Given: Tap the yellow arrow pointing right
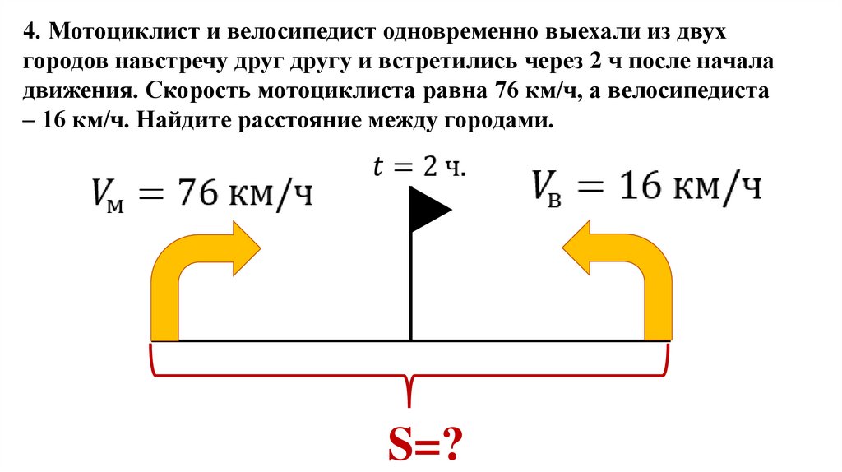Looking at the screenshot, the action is click(x=206, y=263).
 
